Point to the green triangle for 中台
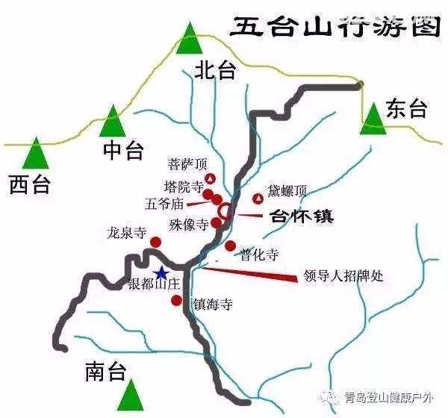pyautogui.click(x=114, y=122)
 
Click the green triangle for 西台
pyautogui.click(x=36, y=153)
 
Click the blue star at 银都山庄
pyautogui.click(x=161, y=273)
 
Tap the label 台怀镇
pyautogui.click(x=302, y=216)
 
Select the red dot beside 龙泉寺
pyautogui.click(x=156, y=242)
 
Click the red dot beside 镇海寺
pyautogui.click(x=177, y=301)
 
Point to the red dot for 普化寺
pyautogui.click(x=230, y=246)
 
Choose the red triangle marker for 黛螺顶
pyautogui.click(x=258, y=198)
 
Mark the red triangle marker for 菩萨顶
pyautogui.click(x=211, y=178)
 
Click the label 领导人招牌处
pyautogui.click(x=343, y=275)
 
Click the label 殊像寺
pyautogui.click(x=188, y=223)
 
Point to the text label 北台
pyautogui.click(x=215, y=71)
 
